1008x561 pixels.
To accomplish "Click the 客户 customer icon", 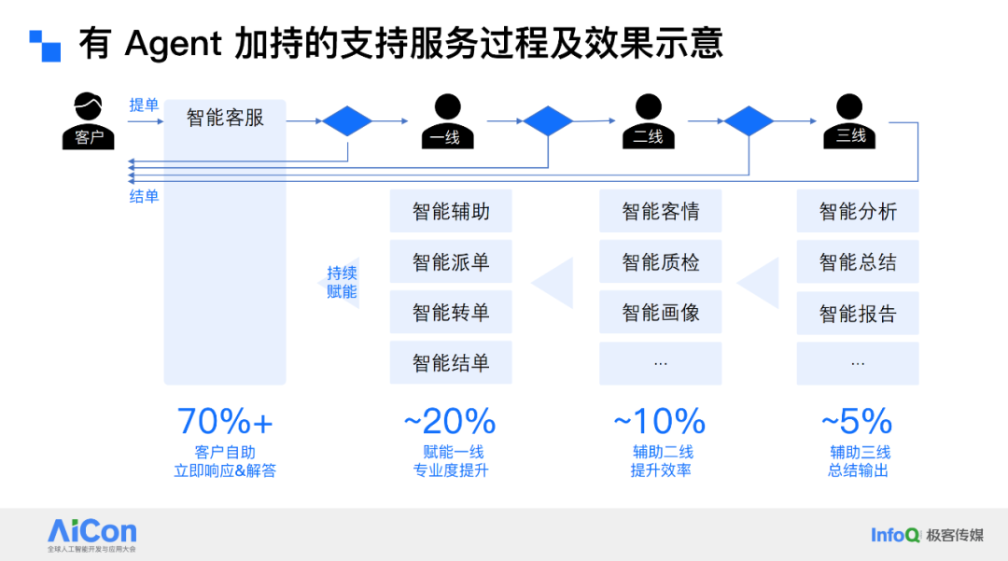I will [89, 121].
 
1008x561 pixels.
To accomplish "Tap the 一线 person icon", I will [447, 122].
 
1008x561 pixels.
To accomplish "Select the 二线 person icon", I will [648, 122].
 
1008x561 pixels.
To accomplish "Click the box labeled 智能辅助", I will [451, 212].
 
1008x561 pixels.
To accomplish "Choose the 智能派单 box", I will [451, 262].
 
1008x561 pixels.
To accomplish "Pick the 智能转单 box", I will [451, 313].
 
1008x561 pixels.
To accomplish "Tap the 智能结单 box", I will [451, 363].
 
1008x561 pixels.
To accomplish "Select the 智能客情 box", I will [661, 212].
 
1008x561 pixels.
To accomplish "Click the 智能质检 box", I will [661, 262].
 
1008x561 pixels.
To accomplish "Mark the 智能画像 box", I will [661, 313].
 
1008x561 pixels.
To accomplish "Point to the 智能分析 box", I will [858, 212].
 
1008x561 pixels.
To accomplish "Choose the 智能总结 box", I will [858, 262].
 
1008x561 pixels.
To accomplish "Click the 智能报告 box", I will [858, 313].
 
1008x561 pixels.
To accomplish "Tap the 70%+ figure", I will [225, 422].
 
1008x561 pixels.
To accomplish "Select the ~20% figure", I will [450, 422].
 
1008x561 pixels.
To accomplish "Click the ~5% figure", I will [857, 422].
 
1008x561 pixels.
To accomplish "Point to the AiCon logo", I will [92, 534].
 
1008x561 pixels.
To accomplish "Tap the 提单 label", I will [144, 105].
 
